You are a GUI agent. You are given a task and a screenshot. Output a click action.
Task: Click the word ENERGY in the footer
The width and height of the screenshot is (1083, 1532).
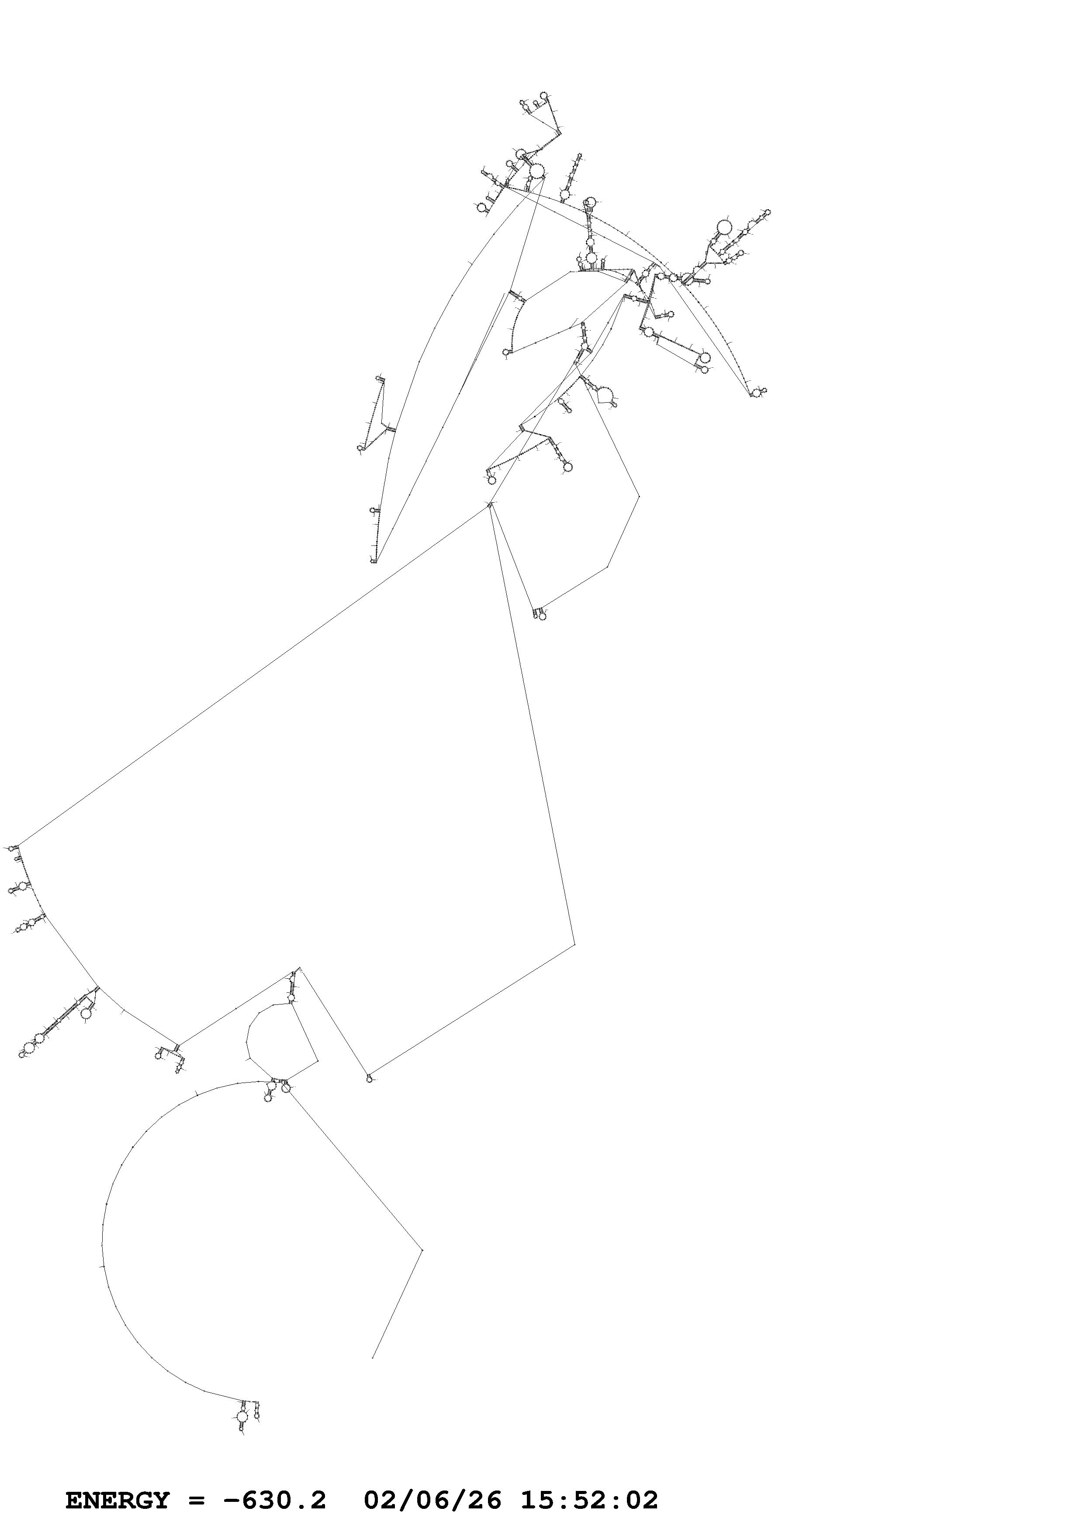[x=118, y=1480]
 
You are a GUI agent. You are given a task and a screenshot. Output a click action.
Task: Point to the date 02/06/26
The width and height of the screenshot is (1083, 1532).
[x=433, y=1480]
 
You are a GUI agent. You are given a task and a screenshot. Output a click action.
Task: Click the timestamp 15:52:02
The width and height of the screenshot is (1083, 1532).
[x=589, y=1480]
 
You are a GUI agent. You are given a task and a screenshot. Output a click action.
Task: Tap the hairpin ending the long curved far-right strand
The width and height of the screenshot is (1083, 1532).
[x=757, y=392]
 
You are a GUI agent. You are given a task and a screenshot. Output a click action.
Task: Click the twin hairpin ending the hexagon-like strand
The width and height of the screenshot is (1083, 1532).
[x=540, y=614]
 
